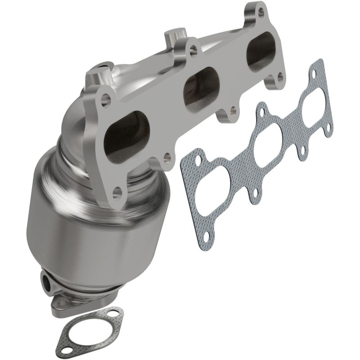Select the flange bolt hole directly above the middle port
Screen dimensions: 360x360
pos(193,50)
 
